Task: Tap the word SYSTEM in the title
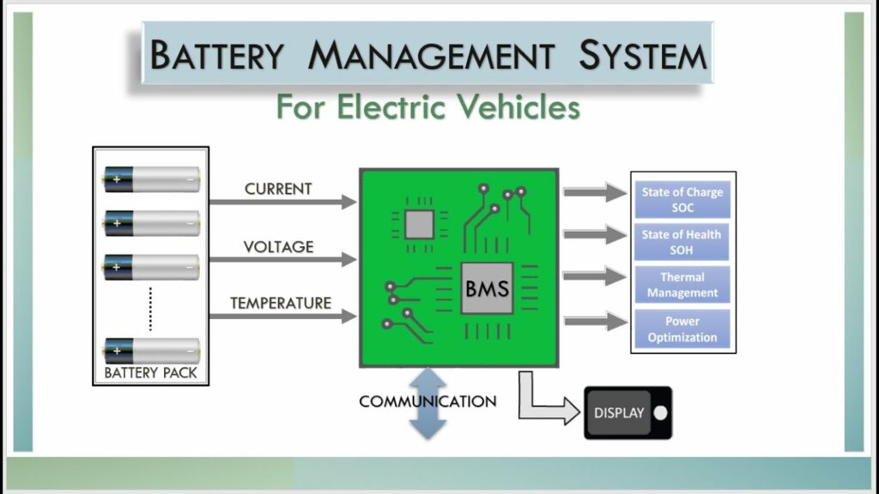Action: pyautogui.click(x=642, y=56)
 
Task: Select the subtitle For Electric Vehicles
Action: pyautogui.click(x=427, y=108)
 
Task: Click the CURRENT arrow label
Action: pyautogui.click(x=278, y=189)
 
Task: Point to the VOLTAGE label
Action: pyautogui.click(x=278, y=247)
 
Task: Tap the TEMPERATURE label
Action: pyautogui.click(x=280, y=303)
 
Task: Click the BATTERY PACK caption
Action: pyautogui.click(x=150, y=373)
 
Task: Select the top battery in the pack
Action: pyautogui.click(x=151, y=179)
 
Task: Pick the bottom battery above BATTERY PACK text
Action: pyautogui.click(x=151, y=350)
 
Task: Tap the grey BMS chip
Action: pyautogui.click(x=487, y=288)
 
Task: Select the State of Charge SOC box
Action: pyautogui.click(x=682, y=200)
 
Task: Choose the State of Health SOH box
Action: pyautogui.click(x=682, y=243)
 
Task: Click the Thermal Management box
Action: pyautogui.click(x=682, y=285)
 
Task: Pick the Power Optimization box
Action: pyautogui.click(x=682, y=329)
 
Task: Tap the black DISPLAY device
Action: pyautogui.click(x=627, y=413)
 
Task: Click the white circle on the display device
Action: pyautogui.click(x=659, y=413)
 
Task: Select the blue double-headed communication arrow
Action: pyautogui.click(x=427, y=403)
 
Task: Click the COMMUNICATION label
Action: pyautogui.click(x=427, y=401)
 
